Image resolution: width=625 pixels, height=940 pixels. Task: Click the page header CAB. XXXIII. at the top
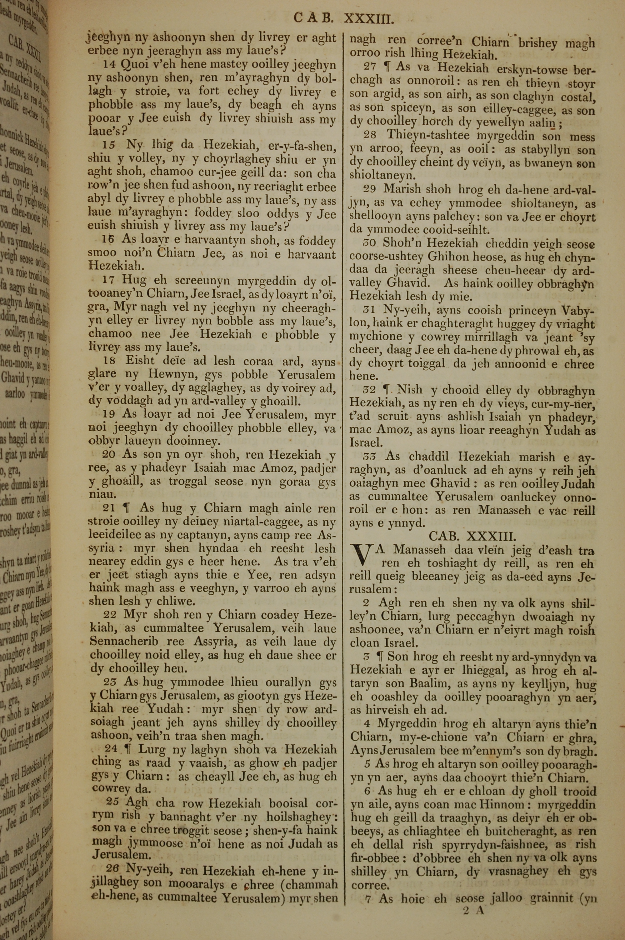pyautogui.click(x=343, y=18)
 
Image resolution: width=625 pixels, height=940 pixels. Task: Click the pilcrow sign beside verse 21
pyautogui.click(x=127, y=508)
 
